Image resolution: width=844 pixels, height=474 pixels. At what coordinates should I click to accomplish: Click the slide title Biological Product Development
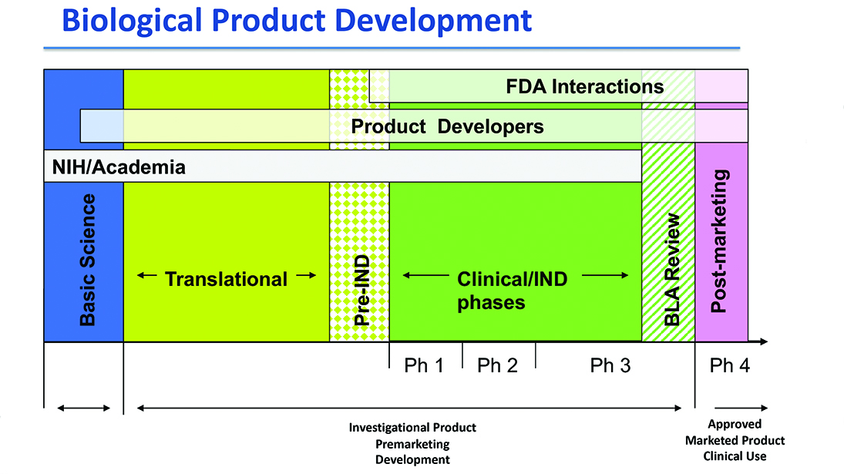tap(297, 20)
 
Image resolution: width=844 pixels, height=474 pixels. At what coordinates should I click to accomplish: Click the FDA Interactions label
tap(584, 86)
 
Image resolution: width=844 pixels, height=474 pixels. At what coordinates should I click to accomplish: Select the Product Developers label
tap(447, 126)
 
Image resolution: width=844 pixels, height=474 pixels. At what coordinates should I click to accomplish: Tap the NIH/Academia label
tap(119, 166)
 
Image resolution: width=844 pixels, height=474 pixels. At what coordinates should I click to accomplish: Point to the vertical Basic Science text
tap(88, 260)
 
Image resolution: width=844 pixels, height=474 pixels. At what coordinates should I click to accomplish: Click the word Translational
tap(226, 278)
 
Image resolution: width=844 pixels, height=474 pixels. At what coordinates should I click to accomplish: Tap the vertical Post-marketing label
tap(719, 242)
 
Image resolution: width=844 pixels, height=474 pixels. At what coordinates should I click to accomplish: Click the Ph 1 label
tap(424, 365)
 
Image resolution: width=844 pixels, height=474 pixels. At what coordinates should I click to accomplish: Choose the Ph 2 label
tap(497, 365)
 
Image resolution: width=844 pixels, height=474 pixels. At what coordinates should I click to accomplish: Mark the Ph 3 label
tap(610, 365)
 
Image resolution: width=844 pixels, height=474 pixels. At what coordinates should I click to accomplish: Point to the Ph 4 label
tap(729, 365)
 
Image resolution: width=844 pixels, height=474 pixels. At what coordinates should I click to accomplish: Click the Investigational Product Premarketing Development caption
tap(412, 443)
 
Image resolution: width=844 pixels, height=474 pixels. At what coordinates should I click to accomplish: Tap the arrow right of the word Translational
tap(306, 276)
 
